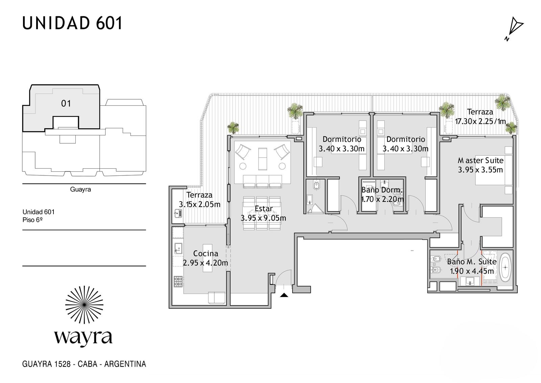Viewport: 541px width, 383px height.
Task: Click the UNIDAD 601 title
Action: pos(72,23)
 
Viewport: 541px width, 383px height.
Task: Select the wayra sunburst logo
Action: pos(84,305)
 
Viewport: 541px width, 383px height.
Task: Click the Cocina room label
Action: pos(206,253)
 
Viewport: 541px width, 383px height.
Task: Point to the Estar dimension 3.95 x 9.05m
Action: pos(263,218)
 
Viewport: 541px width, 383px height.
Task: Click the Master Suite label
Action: pos(480,161)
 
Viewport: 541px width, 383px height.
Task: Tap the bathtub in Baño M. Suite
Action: pos(505,267)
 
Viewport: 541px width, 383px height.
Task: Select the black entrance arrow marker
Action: pos(284,295)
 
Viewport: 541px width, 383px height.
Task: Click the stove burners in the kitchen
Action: pos(178,282)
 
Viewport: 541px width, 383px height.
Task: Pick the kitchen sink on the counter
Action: pos(178,248)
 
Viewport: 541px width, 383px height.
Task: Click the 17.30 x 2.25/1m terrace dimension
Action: pos(480,121)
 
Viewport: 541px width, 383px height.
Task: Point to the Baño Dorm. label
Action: pos(382,190)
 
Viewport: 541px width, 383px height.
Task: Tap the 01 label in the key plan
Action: pos(66,104)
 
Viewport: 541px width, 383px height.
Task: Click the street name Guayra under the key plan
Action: pos(80,189)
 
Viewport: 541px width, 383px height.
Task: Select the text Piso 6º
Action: pos(32,220)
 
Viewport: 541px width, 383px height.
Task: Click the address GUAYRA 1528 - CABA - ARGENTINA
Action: pos(84,364)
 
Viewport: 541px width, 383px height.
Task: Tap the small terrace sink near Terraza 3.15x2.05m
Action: pos(178,213)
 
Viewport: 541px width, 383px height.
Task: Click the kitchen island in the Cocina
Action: pos(207,258)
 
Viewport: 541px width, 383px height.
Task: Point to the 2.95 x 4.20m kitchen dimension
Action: pos(206,263)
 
